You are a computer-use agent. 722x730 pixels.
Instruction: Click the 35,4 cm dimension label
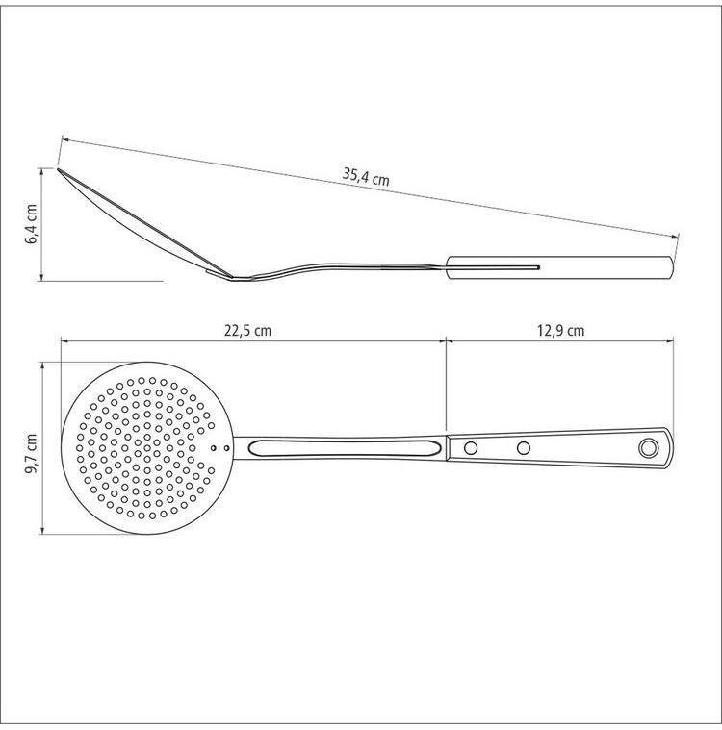click(x=366, y=176)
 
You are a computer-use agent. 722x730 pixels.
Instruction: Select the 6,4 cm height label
click(x=32, y=223)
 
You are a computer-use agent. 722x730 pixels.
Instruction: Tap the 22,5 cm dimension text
click(x=247, y=331)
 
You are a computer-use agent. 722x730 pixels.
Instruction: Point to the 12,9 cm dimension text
click(x=560, y=331)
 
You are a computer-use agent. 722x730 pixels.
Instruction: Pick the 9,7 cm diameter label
click(x=32, y=453)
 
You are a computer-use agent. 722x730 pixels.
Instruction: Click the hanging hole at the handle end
click(x=648, y=448)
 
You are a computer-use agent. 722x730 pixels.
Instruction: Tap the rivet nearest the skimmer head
click(x=471, y=448)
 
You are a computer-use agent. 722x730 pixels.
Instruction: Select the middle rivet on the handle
click(x=524, y=448)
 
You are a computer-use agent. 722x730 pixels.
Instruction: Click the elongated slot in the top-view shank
click(x=345, y=448)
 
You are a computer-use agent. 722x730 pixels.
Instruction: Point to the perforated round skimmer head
click(x=146, y=448)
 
